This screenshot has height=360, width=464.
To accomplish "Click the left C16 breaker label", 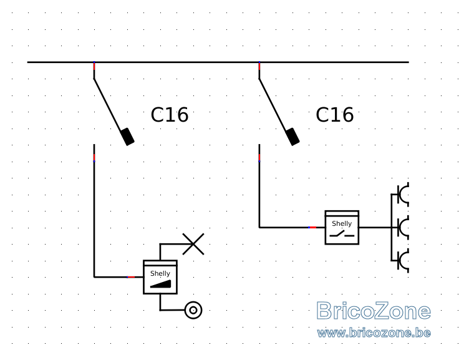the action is (170, 115).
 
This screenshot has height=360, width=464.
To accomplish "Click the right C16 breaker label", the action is (335, 115).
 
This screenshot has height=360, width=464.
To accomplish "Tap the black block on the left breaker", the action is (128, 137).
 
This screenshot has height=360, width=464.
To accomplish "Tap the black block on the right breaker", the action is (292, 137).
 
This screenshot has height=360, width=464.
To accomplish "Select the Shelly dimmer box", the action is (160, 277).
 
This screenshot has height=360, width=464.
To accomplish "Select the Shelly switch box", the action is (342, 227).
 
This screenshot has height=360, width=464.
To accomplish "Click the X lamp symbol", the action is (193, 244).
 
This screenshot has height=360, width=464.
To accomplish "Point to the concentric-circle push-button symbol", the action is (193, 310).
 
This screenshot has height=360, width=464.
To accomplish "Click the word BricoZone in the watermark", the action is (374, 311).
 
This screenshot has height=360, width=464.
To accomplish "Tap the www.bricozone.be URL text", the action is (374, 333).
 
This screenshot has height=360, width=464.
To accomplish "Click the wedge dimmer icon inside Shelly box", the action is (161, 284).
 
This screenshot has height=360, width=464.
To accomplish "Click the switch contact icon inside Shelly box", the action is (342, 235).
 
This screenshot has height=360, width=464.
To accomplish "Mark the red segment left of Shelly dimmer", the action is (131, 277).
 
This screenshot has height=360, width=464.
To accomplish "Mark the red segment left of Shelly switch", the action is (313, 227).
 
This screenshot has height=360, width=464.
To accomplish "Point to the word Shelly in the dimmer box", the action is (160, 273).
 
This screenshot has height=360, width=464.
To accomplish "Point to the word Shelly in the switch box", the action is (342, 223).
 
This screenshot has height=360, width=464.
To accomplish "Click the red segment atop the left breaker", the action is (94, 66).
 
